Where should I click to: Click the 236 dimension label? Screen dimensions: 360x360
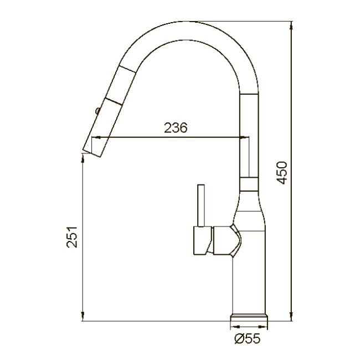coord(176,127)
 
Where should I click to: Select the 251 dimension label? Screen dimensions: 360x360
coord(72,237)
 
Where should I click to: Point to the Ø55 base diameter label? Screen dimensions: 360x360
coord(248,338)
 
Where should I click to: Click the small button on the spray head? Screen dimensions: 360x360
coord(97,111)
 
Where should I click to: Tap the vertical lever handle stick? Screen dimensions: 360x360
coord(202,205)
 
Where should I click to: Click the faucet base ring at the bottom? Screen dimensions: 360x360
coord(249,318)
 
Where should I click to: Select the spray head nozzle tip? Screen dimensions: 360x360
coord(92,153)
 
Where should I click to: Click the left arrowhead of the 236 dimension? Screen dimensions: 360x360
coord(96,137)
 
